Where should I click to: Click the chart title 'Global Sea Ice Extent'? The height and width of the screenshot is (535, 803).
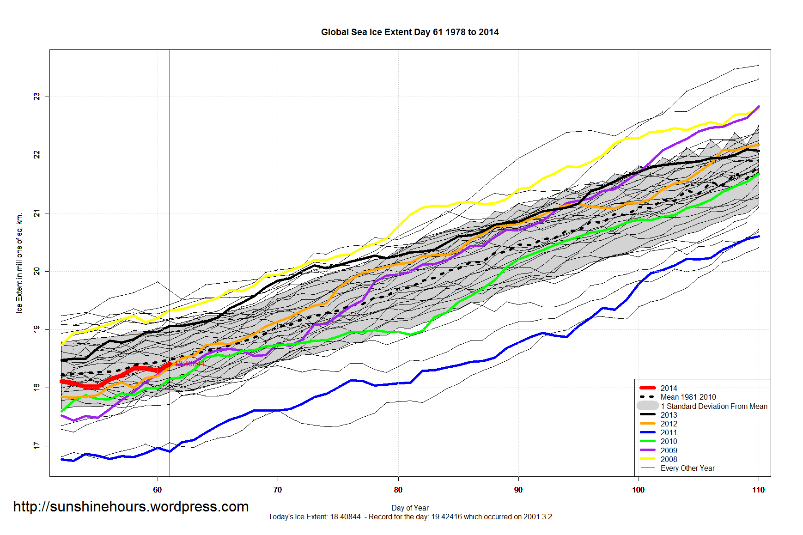pos(409,32)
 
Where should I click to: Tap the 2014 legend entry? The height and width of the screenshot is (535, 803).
pos(668,388)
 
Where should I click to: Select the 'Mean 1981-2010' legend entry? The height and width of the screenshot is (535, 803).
pos(688,397)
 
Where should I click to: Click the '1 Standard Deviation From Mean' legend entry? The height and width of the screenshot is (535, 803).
pos(713,406)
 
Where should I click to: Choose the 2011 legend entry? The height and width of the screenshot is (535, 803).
pos(668,432)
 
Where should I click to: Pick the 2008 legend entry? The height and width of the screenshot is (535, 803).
pos(668,459)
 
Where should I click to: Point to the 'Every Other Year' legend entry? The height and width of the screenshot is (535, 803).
pos(687,468)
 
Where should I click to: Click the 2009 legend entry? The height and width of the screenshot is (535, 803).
pos(668,450)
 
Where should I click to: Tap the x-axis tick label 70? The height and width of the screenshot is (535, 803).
pos(278,490)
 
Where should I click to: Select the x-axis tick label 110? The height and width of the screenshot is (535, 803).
pos(758,490)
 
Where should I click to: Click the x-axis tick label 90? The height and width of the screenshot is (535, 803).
pos(518,490)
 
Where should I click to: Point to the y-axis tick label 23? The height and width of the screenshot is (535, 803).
pos(36,97)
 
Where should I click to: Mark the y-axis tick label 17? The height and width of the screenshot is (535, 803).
pos(36,445)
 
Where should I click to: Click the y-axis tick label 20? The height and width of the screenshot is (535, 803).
pos(36,271)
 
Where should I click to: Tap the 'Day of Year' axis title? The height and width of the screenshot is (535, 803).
pos(410,508)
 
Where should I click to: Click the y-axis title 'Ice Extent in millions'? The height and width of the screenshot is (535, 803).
pos(19,263)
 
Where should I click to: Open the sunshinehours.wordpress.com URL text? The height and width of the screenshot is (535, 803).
pos(131,506)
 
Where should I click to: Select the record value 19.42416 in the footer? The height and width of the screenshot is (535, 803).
pos(446,517)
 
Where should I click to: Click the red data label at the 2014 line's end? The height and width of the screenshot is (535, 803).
pos(189,364)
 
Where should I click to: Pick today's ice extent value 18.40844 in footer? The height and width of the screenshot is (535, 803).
pos(345,517)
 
